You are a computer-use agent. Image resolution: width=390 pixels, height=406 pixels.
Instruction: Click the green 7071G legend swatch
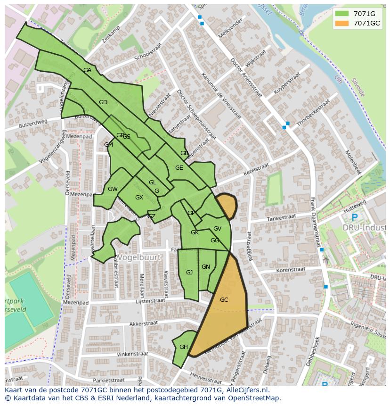(x=342, y=14)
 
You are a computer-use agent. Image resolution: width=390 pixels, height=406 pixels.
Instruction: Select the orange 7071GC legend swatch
(x=342, y=23)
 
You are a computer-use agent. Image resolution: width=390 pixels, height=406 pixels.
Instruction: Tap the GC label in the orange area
(x=224, y=299)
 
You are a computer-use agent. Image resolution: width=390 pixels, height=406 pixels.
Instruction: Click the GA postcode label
(x=87, y=70)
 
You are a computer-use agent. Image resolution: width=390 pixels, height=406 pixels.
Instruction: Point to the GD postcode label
(x=103, y=102)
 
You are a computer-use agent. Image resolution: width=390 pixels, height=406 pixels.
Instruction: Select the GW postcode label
(x=113, y=189)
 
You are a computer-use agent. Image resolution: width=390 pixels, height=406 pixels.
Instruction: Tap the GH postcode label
(x=183, y=347)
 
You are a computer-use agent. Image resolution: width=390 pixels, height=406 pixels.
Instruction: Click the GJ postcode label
(x=189, y=273)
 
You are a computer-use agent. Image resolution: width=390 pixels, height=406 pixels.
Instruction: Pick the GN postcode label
(x=206, y=267)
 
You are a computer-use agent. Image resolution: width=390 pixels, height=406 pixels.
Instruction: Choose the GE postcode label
(x=179, y=168)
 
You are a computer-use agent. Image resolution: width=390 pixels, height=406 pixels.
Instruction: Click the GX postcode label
(x=139, y=198)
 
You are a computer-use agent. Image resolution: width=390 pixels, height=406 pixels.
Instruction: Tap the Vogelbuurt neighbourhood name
(x=139, y=257)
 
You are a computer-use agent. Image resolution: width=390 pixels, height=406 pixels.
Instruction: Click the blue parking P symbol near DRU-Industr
(x=355, y=218)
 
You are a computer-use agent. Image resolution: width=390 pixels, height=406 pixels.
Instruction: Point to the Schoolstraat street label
(x=148, y=52)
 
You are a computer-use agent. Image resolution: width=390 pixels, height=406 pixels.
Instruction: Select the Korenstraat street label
(x=291, y=270)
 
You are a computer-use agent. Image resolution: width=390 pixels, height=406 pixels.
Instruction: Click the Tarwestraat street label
(x=281, y=218)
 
